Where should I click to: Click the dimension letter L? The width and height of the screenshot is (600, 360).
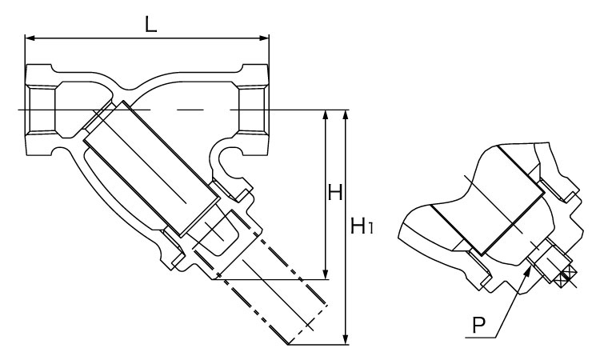[x=150, y=23]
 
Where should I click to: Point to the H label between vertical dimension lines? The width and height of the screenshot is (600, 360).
[x=335, y=193]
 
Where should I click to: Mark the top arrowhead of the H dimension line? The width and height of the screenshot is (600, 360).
[x=326, y=114]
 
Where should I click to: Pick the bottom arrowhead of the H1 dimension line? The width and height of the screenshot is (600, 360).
[x=346, y=340]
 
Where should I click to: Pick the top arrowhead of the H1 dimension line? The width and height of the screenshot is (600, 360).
[x=346, y=114]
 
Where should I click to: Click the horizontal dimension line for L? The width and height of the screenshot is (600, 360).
[x=147, y=37]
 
